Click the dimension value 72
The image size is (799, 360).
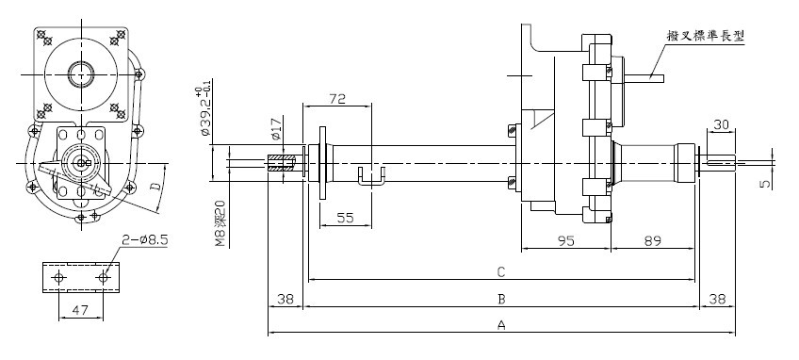[x=337, y=98]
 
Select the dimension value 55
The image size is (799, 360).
[x=345, y=218]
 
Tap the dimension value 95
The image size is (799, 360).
[x=565, y=240]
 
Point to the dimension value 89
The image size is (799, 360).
[x=652, y=240]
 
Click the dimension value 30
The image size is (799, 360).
[x=721, y=124]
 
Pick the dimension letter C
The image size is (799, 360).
[x=501, y=271]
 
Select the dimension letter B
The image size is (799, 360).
[x=501, y=299]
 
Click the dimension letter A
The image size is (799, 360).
[x=501, y=325]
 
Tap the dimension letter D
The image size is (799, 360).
[x=156, y=185]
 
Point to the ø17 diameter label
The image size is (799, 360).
[x=276, y=130]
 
